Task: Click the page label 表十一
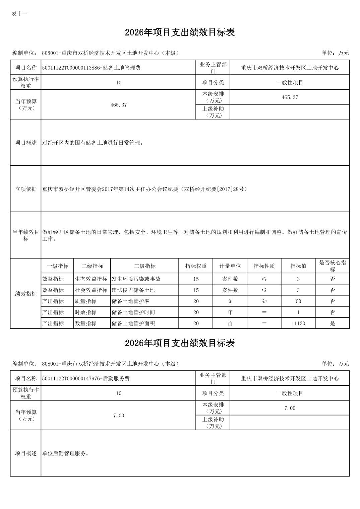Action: point(19,14)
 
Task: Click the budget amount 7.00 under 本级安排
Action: point(290,408)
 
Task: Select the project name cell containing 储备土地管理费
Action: point(91,68)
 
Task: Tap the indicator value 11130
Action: point(298,323)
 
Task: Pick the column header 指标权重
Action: point(196,266)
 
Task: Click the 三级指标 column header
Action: point(144,266)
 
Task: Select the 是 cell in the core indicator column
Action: point(332,323)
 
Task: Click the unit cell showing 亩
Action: point(230,323)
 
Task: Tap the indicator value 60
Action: point(298,301)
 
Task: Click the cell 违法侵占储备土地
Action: point(133,290)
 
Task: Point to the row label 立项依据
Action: point(26,189)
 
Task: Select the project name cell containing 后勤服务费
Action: point(86,378)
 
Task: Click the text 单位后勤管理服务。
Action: point(65,453)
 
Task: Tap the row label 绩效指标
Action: point(26,294)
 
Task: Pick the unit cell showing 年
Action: point(230,312)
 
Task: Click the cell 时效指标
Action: point(85,312)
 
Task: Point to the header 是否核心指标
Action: point(332,266)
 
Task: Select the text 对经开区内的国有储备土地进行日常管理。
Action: point(93,143)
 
